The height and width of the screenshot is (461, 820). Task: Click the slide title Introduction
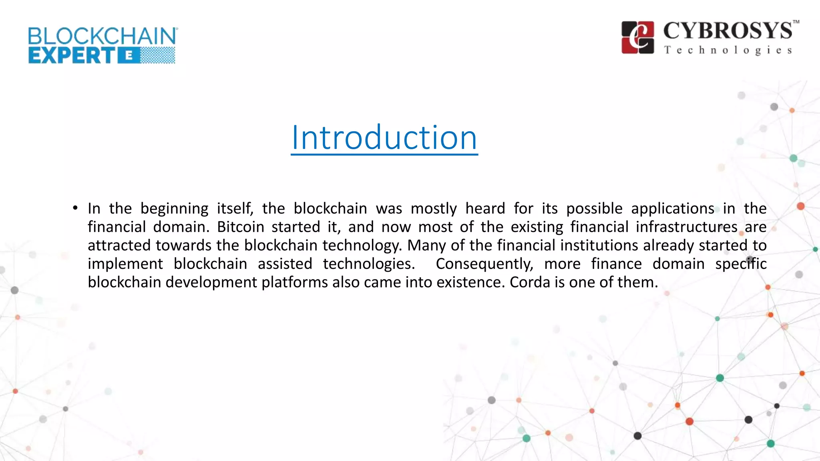[384, 138]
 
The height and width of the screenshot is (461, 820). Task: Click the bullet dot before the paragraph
[75, 208]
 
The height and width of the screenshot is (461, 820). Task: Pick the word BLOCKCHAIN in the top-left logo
[102, 36]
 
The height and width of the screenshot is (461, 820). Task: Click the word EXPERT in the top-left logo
[72, 56]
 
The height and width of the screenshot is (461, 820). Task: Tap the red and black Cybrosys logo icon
[637, 37]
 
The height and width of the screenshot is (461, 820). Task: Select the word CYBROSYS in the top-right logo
[728, 31]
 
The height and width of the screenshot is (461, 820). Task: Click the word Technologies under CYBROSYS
[728, 50]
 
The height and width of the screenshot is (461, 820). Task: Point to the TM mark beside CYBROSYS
[796, 22]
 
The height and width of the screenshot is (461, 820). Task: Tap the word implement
[125, 264]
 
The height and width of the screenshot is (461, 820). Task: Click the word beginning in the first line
[174, 208]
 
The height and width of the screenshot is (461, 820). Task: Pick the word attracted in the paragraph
[119, 245]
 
